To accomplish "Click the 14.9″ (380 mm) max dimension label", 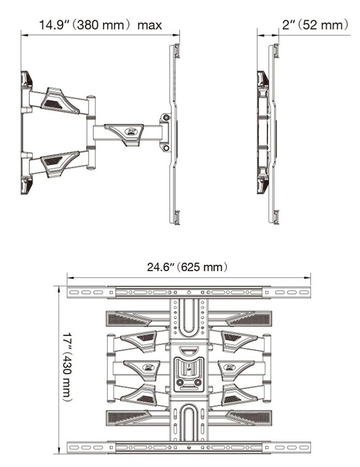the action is [x=100, y=25].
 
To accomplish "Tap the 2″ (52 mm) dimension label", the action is [x=315, y=25].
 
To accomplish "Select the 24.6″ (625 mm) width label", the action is [x=187, y=267].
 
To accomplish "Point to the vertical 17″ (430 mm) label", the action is [x=68, y=367].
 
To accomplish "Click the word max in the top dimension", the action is [x=150, y=25].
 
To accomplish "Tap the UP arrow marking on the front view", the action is [x=189, y=367].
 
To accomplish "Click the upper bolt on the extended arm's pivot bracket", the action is [x=166, y=118].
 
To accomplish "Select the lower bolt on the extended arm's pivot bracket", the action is [x=166, y=148].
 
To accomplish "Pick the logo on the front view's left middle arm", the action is [x=148, y=367].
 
